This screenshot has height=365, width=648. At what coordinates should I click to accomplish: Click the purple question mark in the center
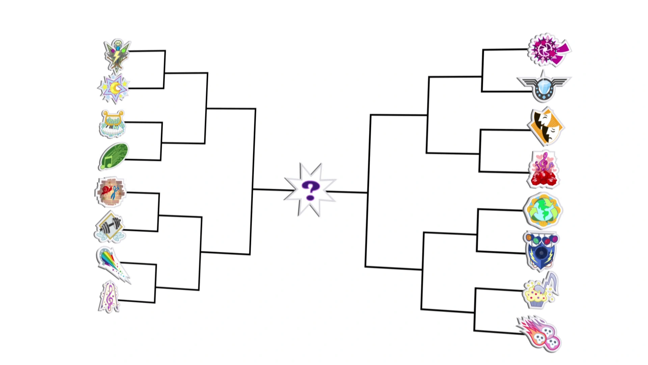310,190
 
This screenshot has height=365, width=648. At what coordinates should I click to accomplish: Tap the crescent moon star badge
114,89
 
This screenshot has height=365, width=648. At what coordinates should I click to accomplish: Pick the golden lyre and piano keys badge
112,124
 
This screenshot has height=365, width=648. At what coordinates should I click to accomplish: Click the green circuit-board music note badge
114,156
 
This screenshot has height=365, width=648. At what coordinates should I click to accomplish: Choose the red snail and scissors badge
110,192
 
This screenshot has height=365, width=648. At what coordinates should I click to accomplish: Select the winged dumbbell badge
109,227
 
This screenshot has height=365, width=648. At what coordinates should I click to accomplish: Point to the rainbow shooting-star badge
112,264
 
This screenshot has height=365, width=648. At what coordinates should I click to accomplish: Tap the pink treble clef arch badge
109,297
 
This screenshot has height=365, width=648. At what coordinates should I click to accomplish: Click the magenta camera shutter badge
548,50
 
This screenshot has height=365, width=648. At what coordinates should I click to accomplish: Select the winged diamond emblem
543,87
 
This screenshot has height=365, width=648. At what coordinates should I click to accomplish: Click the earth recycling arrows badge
543,210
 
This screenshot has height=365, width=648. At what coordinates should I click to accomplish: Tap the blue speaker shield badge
541,250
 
